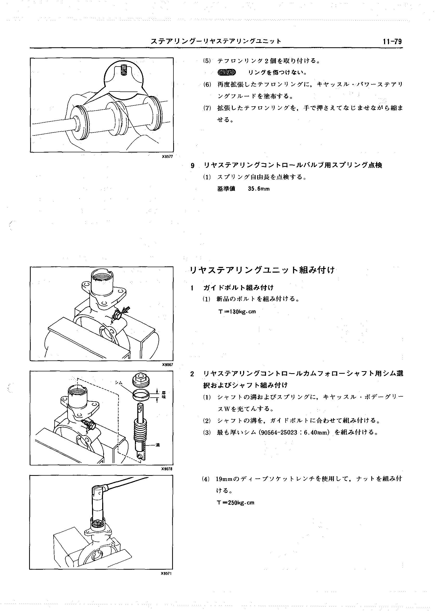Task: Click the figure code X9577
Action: pos(167,156)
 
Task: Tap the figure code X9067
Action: pos(167,365)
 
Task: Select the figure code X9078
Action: pos(167,469)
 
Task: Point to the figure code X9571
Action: pos(166,573)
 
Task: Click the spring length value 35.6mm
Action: pos(258,189)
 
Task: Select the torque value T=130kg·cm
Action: pos(237,312)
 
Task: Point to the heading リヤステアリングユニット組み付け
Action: pos(262,270)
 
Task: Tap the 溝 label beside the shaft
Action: pos(158,444)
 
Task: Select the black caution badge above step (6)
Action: pos(226,72)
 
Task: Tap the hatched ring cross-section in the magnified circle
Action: pos(124,71)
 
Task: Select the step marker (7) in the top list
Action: pos(207,108)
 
